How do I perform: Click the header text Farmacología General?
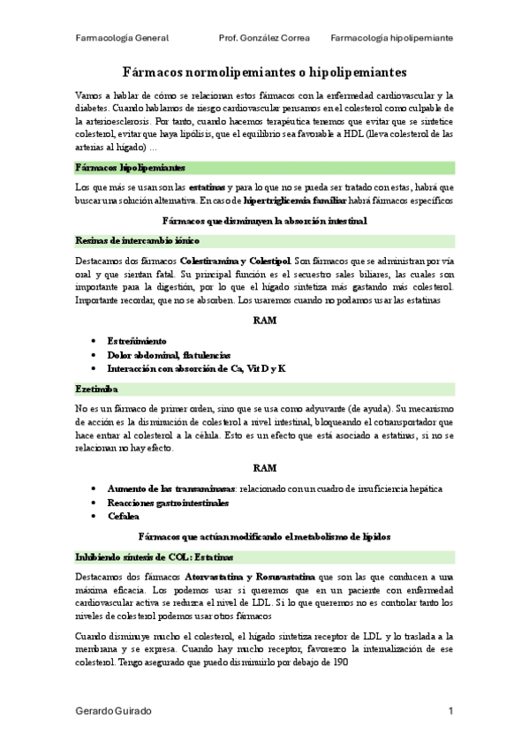click(122, 39)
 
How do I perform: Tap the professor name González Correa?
click(264, 39)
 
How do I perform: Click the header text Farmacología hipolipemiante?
click(393, 39)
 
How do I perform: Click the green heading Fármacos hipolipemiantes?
click(130, 167)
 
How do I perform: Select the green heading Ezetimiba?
click(98, 389)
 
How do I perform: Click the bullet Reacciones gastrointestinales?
click(168, 503)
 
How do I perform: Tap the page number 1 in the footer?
click(450, 711)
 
